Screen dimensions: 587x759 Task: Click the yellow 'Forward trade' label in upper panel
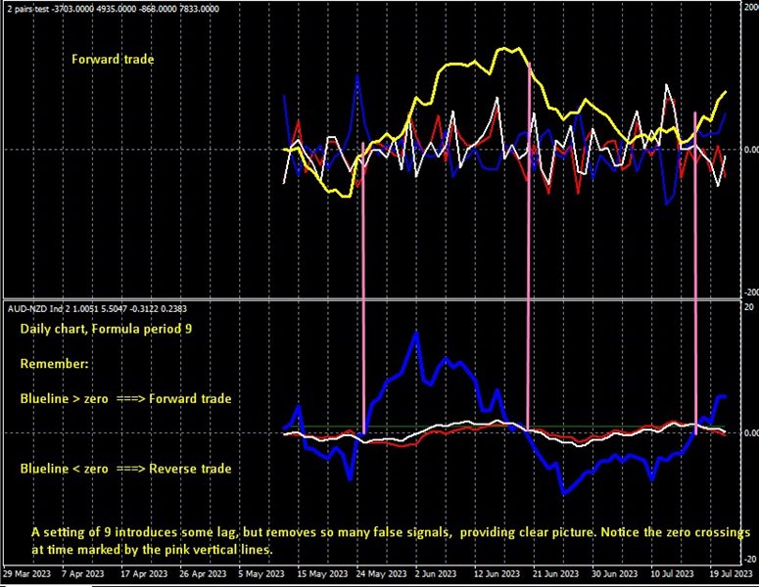click(113, 60)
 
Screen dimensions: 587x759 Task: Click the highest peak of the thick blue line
click(416, 333)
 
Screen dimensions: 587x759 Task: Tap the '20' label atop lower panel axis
click(749, 306)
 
